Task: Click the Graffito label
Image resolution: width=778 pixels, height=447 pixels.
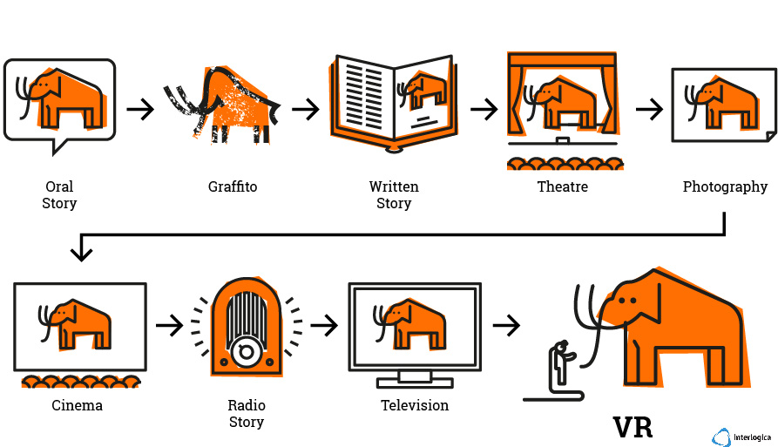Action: (x=233, y=187)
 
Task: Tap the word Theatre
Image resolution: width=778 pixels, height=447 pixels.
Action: (x=562, y=187)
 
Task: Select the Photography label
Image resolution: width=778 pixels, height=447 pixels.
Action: (x=725, y=187)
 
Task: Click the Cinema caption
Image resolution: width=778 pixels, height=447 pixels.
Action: (x=77, y=405)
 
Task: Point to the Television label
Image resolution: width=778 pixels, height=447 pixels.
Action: (x=415, y=405)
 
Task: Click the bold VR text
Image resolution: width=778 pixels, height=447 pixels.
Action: (x=633, y=427)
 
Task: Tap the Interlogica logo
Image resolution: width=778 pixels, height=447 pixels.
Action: (x=741, y=437)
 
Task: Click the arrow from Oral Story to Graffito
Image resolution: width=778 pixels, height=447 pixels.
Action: (x=140, y=109)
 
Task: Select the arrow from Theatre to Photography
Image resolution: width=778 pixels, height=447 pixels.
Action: (x=649, y=109)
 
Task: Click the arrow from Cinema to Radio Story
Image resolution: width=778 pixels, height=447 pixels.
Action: (x=170, y=326)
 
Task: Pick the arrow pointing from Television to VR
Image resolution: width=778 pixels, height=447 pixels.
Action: (x=506, y=326)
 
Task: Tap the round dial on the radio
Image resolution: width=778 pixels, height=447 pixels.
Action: (x=246, y=352)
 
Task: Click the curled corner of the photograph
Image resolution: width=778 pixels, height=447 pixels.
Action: (x=770, y=137)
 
